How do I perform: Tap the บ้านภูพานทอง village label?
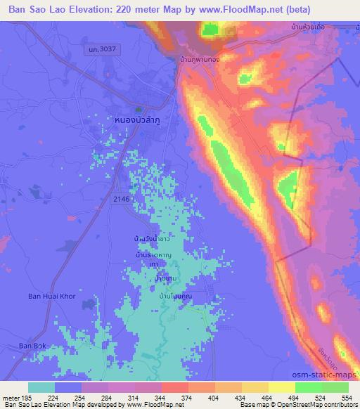coord(199,59)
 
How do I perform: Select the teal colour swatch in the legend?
coord(41,387)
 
